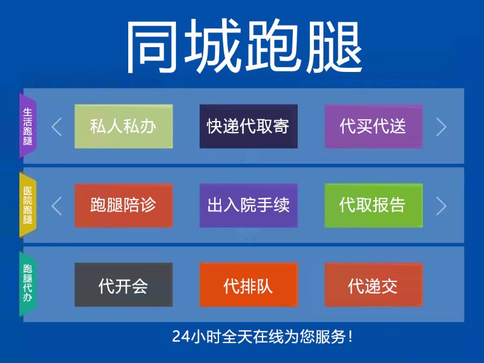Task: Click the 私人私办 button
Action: [123, 126]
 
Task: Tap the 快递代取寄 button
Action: [249, 126]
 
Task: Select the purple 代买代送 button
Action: [373, 126]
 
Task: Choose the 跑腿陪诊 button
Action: [123, 206]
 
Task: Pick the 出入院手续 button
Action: [249, 206]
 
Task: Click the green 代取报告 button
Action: [373, 206]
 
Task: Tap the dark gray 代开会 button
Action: [123, 285]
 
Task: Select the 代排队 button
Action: [249, 285]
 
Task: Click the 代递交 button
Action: [373, 285]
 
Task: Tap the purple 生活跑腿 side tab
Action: [28, 126]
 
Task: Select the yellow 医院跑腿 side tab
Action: [28, 206]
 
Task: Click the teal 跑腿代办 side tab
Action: [28, 284]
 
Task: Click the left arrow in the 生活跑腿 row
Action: [57, 126]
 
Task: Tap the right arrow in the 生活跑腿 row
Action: [441, 126]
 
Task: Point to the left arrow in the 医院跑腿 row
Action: [57, 206]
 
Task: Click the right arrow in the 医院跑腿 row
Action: [441, 206]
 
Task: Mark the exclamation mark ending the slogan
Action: [351, 336]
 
